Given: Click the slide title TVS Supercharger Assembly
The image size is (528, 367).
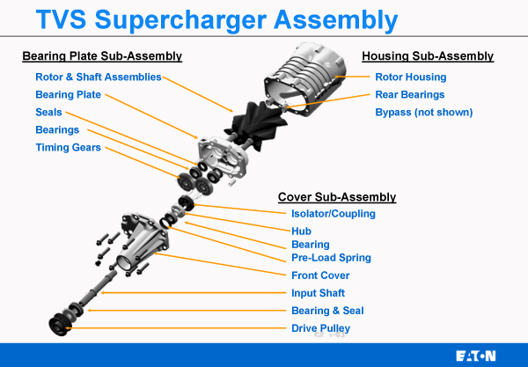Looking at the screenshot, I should coord(221,19).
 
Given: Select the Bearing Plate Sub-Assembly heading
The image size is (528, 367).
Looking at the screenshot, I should coord(102,57).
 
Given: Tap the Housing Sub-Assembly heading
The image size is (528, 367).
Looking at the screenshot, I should coord(428,57).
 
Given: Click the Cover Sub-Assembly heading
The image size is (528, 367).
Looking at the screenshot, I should coord(337,197).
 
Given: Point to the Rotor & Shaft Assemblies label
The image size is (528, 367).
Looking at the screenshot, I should coord(99,77).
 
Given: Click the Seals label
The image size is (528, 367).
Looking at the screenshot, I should coord(48,113).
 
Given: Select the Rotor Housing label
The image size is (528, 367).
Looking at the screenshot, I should coord(411,77).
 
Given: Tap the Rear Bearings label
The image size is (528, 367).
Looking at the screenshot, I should coord(410,95).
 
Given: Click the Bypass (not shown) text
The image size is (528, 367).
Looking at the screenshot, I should coord(424,113).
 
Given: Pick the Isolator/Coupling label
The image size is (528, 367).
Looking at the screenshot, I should coord(333,214).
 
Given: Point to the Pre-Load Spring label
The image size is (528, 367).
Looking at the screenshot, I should coord(331,258).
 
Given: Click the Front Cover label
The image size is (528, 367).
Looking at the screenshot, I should coord(320,275).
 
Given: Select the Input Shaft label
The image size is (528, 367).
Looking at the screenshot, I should coord(319,293).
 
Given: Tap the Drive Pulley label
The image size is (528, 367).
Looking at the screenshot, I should coord(321,328).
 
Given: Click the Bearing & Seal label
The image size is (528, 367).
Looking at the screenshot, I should coord(327,311).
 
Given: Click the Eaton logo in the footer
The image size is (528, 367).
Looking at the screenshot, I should coord(476,356).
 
